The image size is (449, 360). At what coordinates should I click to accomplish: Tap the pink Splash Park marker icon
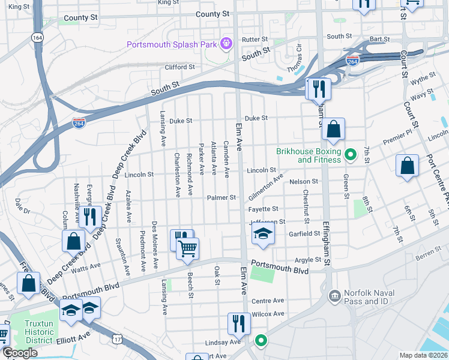(226, 43)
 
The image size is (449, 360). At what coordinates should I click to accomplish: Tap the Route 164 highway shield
(38, 37)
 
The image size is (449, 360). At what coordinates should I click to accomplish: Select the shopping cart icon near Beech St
(188, 248)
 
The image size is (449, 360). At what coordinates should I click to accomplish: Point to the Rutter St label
(254, 40)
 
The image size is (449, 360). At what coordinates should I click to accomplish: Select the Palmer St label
(221, 197)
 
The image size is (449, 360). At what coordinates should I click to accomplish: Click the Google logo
(20, 353)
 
